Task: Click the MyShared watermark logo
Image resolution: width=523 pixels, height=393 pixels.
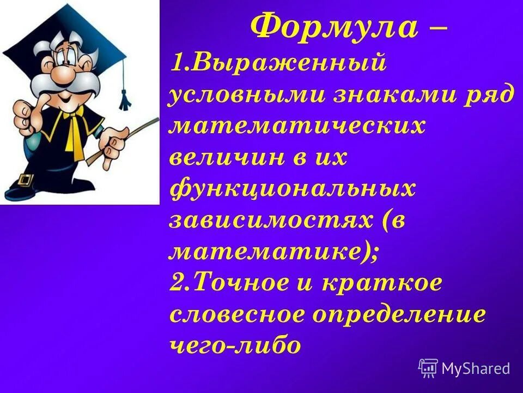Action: pos(464,368)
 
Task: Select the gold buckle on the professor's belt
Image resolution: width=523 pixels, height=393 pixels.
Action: pos(24,178)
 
